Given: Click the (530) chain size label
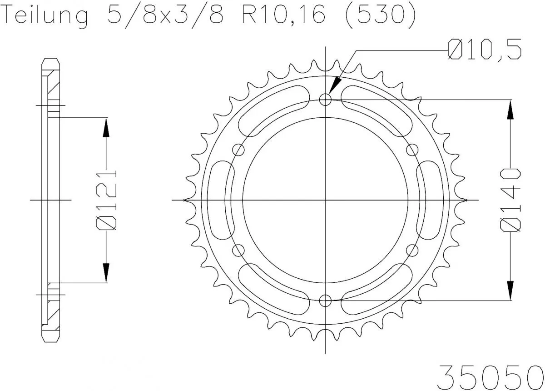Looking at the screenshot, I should click(379, 16).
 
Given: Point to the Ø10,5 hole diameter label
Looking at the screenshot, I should click(484, 50).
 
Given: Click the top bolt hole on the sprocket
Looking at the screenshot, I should click(326, 99).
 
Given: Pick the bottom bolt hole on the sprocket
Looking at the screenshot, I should click(326, 300).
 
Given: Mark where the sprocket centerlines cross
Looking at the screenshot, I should click(326, 200).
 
